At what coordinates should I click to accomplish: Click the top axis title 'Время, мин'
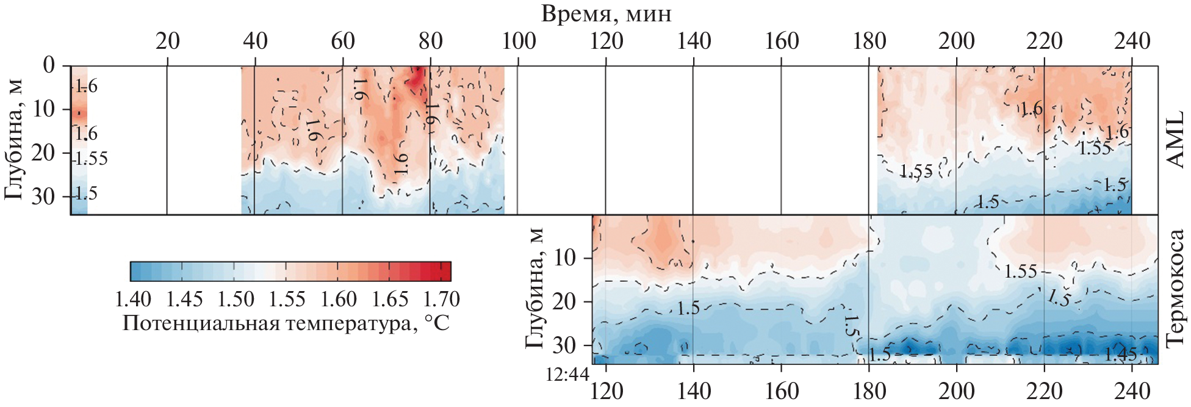(x=606, y=13)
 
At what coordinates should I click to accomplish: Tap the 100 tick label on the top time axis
(x=519, y=41)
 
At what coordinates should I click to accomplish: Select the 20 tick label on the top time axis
(x=167, y=41)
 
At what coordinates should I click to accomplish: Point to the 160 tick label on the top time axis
(x=782, y=41)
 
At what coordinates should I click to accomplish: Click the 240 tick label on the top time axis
(x=1132, y=41)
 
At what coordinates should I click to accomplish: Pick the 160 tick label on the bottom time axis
(x=782, y=391)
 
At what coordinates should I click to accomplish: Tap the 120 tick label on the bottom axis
(x=606, y=391)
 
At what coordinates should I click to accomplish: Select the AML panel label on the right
(x=1175, y=139)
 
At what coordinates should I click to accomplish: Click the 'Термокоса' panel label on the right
(x=1175, y=288)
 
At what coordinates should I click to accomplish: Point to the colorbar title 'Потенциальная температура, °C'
(x=286, y=323)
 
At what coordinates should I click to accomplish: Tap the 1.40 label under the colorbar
(x=133, y=300)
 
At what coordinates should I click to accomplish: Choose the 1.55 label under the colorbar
(x=287, y=300)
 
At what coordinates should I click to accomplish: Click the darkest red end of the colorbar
(x=445, y=271)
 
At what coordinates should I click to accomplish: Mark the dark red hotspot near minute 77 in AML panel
(x=416, y=78)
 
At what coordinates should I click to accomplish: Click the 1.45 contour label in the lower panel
(x=1120, y=354)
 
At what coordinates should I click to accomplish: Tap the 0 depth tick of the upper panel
(x=49, y=65)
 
